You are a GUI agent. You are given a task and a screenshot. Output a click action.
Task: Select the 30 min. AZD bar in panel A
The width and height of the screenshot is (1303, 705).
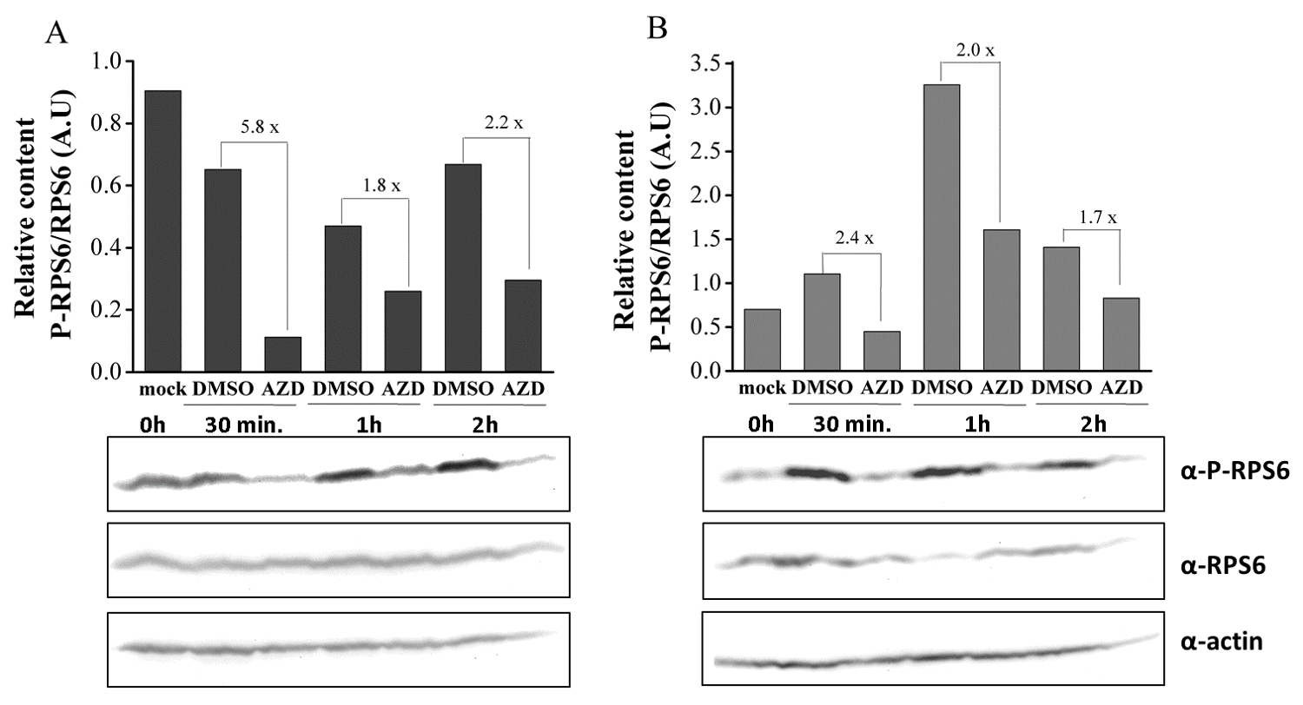pos(281,354)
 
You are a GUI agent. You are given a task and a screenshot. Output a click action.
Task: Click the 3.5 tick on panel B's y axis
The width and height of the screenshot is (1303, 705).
pos(706,63)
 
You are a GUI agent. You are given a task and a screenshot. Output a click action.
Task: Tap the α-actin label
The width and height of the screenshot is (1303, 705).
pos(1208,642)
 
